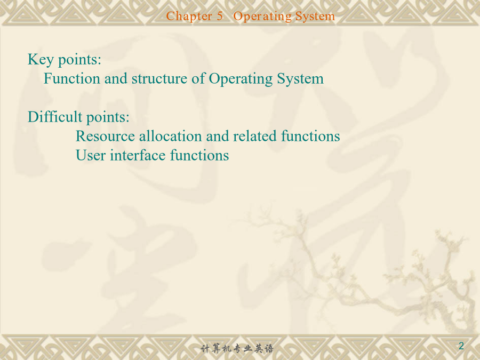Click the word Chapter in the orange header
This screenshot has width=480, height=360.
point(189,16)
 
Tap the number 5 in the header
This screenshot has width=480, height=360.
point(220,16)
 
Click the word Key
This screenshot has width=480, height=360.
point(41,60)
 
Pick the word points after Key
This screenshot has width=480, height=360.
point(79,60)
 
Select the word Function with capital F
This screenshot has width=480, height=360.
point(72,78)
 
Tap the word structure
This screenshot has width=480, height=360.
point(159,79)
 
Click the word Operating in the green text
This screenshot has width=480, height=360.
point(241,79)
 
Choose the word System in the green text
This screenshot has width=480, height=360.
point(300,79)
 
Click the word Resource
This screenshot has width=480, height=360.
point(105,136)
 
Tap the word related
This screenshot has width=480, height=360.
point(255,136)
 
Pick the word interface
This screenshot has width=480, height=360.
point(138,155)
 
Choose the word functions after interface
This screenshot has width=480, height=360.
point(199,155)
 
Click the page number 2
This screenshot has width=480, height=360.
point(461,346)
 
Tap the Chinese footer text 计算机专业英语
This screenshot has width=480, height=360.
point(237,348)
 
